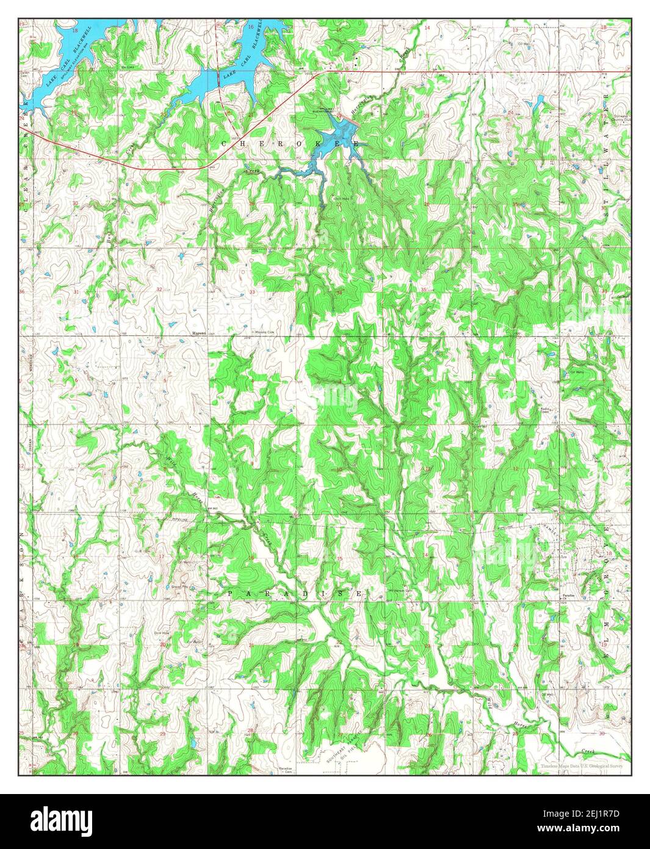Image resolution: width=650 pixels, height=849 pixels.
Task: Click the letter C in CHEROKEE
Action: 225,143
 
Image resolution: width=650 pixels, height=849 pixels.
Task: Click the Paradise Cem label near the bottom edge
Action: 285,770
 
